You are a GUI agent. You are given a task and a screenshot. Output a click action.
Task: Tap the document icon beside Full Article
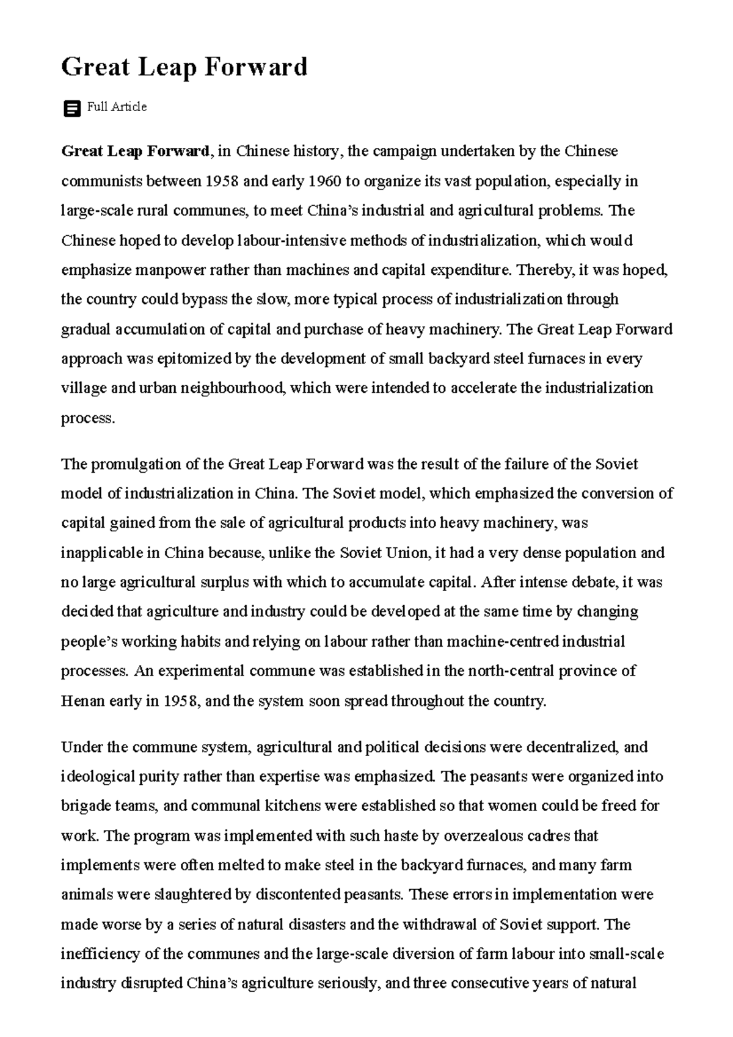tap(72, 109)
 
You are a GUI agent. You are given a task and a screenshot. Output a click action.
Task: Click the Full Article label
tap(117, 107)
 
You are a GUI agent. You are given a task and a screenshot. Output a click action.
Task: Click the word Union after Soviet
tap(407, 553)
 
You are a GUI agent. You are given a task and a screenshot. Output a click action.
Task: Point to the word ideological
tap(97, 777)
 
